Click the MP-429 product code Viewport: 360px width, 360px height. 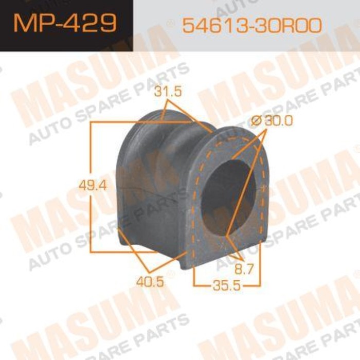click(x=65, y=23)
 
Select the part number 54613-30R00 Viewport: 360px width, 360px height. click(x=251, y=25)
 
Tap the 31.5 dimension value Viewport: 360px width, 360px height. click(x=168, y=92)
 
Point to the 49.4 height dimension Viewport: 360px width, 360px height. click(x=93, y=185)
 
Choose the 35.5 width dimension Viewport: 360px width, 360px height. click(x=227, y=285)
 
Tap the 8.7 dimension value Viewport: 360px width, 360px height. click(x=244, y=269)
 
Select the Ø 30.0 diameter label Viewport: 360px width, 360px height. click(x=272, y=120)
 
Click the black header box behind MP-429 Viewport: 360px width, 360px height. click(x=66, y=25)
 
